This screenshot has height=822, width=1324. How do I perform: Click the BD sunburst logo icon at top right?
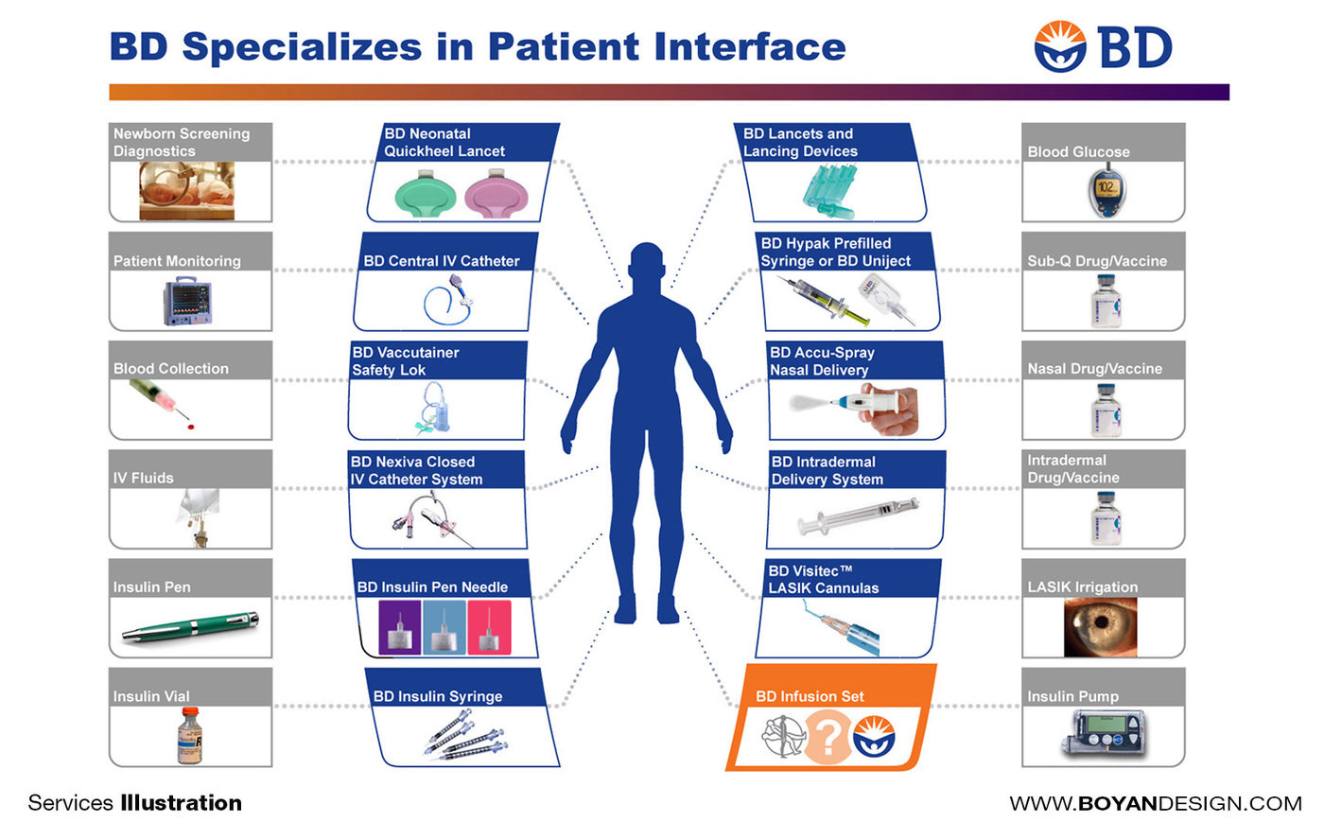pyautogui.click(x=1060, y=47)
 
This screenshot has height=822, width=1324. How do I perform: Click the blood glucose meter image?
pyautogui.click(x=1104, y=193)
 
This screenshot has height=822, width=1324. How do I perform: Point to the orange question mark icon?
pyautogui.click(x=827, y=736)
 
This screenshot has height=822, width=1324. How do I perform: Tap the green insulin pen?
pyautogui.click(x=190, y=626)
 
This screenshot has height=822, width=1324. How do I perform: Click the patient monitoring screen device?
pyautogui.click(x=185, y=302)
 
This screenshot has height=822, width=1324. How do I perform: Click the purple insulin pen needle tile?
pyautogui.click(x=400, y=628)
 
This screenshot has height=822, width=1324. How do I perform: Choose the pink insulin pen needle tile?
pyautogui.click(x=489, y=628)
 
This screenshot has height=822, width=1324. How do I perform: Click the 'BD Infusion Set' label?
pyautogui.click(x=810, y=696)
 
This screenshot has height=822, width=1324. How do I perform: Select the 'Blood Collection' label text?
pyautogui.click(x=171, y=369)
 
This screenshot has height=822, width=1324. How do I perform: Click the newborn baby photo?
pyautogui.click(x=186, y=190)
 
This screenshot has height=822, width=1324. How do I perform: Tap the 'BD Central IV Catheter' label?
pyautogui.click(x=442, y=261)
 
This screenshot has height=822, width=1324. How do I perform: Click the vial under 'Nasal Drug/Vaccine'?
pyautogui.click(x=1105, y=410)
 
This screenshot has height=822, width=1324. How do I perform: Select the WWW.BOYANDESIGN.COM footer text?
pyautogui.click(x=1156, y=803)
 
